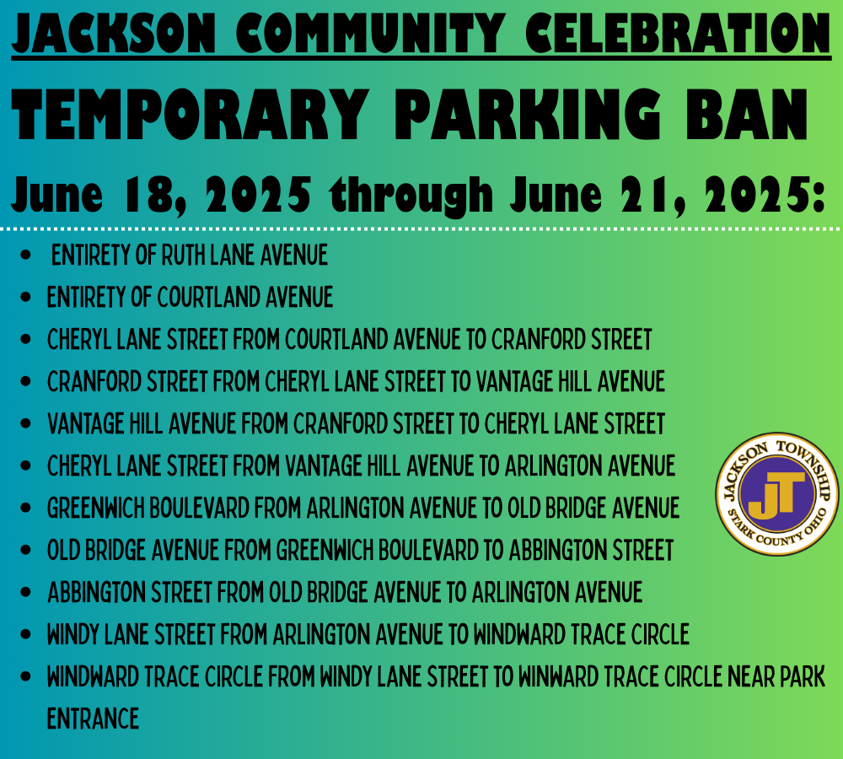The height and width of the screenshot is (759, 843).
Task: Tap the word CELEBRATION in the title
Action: pyautogui.click(x=678, y=35)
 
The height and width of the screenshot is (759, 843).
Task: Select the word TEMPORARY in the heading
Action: pyautogui.click(x=191, y=115)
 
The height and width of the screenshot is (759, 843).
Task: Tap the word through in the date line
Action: pyautogui.click(x=412, y=195)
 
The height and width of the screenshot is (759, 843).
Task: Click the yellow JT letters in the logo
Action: pyautogui.click(x=776, y=495)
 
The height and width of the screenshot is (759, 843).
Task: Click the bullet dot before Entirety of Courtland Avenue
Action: pyautogui.click(x=29, y=298)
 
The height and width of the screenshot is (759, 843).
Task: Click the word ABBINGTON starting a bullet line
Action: pyautogui.click(x=96, y=592)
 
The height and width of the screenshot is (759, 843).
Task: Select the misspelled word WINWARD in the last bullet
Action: pyautogui.click(x=566, y=677)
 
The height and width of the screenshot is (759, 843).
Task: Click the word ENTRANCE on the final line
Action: pyautogui.click(x=93, y=719)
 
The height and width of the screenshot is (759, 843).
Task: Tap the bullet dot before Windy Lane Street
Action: pyautogui.click(x=29, y=634)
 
